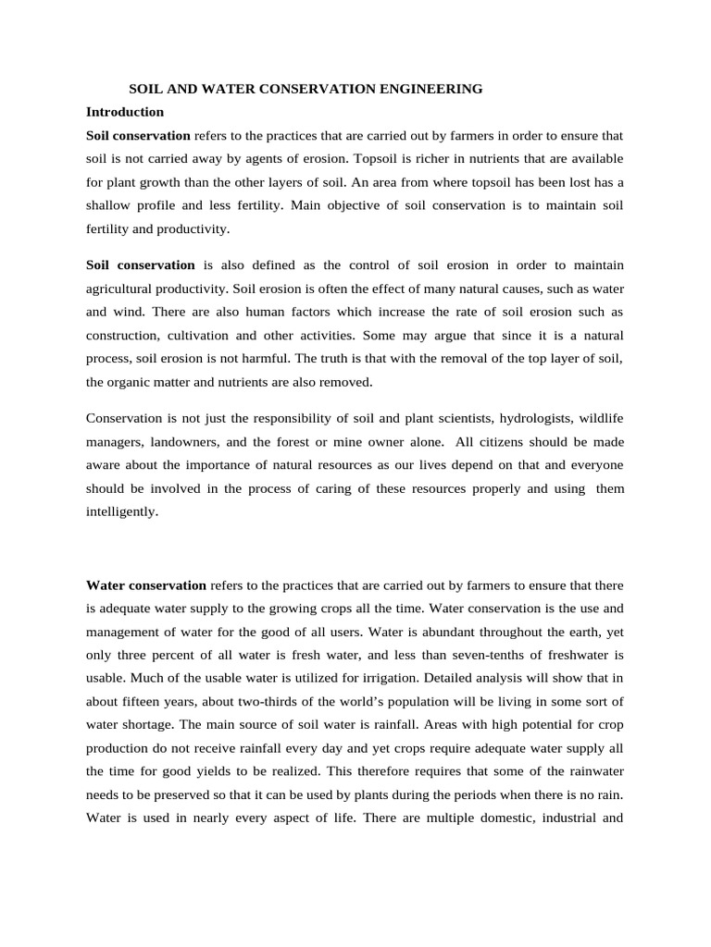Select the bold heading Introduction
(x=125, y=112)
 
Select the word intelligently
(x=121, y=510)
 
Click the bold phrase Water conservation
(x=146, y=585)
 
